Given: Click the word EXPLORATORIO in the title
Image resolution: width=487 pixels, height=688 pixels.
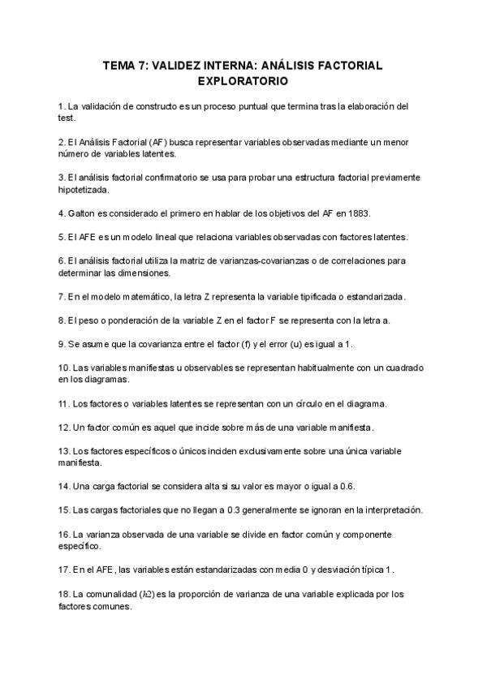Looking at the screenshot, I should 243,81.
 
